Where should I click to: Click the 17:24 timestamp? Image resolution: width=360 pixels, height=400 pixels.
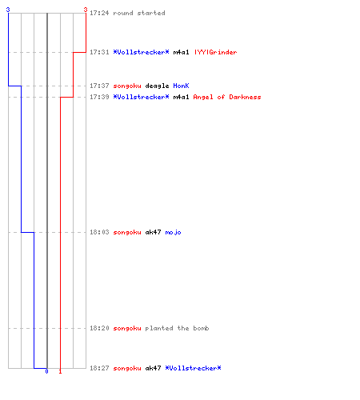point(99,13)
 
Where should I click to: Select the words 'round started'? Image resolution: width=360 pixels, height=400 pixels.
point(139,13)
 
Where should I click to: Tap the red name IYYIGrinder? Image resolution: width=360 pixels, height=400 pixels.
point(215,52)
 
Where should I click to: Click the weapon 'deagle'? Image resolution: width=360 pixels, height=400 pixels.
point(157,86)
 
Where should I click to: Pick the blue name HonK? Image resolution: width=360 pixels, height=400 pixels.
point(181,86)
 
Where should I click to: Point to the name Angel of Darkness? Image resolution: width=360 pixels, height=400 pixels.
point(227,97)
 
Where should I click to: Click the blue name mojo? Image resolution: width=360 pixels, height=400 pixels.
point(173,233)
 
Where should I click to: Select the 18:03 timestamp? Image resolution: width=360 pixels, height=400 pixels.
point(99,232)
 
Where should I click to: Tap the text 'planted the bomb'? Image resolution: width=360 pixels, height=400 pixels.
point(177,328)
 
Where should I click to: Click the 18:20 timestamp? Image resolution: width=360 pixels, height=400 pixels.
point(99,328)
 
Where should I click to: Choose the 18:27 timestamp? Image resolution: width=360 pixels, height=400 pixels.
point(99,368)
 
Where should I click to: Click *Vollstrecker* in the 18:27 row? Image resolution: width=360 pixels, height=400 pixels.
point(193,368)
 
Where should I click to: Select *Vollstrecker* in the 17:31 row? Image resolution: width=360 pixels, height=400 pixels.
point(141,52)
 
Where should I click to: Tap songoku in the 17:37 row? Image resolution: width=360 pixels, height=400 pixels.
point(127,86)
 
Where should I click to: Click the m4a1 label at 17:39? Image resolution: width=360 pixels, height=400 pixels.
point(181,97)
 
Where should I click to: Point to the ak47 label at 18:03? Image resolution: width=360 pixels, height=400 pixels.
point(153,232)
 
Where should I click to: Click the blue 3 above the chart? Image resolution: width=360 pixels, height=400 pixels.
point(8,10)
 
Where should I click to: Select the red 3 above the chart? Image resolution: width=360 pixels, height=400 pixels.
point(86,10)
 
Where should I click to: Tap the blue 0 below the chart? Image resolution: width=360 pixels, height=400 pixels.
point(46,371)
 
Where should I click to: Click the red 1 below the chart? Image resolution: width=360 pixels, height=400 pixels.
point(60,371)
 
